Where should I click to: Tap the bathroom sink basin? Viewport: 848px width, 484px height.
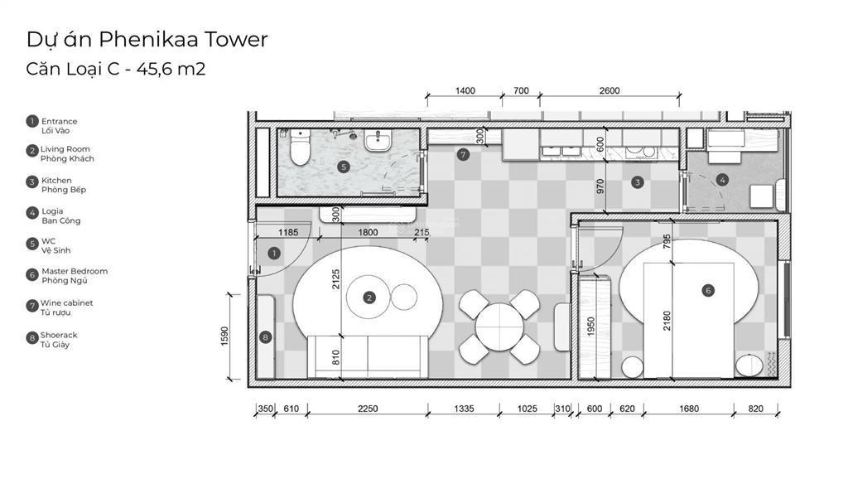pyautogui.click(x=377, y=141)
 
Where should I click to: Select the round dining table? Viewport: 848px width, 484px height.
pyautogui.click(x=499, y=327)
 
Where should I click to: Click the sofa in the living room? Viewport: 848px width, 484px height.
pyautogui.click(x=368, y=356)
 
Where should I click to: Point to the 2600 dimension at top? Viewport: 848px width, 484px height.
pyautogui.click(x=609, y=90)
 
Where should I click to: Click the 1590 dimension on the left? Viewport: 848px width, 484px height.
pyautogui.click(x=225, y=336)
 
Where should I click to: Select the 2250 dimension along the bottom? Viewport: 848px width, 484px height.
pyautogui.click(x=367, y=409)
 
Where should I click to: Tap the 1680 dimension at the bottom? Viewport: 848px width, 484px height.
pyautogui.click(x=689, y=409)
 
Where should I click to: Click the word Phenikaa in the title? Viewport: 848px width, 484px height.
pyautogui.click(x=146, y=39)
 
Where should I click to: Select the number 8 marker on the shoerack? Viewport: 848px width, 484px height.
pyautogui.click(x=265, y=337)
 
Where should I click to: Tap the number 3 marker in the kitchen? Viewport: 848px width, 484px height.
pyautogui.click(x=637, y=182)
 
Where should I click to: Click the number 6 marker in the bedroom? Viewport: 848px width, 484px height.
pyautogui.click(x=707, y=291)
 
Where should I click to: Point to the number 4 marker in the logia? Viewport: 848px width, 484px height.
pyautogui.click(x=721, y=179)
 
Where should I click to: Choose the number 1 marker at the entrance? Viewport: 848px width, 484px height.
pyautogui.click(x=274, y=253)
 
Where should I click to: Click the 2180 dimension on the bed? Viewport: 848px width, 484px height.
pyautogui.click(x=667, y=321)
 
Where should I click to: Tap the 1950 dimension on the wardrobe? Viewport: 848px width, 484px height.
pyautogui.click(x=590, y=327)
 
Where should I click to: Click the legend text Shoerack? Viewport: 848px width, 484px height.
pyautogui.click(x=59, y=335)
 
